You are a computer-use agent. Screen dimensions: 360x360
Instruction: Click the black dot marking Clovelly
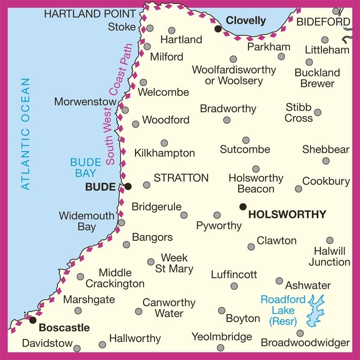[218, 29]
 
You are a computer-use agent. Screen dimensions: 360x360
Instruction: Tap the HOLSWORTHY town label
[287, 215]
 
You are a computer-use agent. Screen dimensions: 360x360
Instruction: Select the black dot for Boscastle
[32, 320]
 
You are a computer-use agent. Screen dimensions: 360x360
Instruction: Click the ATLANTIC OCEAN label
[26, 134]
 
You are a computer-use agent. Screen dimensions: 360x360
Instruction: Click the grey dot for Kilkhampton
[164, 143]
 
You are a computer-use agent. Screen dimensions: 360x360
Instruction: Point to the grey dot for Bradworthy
[227, 120]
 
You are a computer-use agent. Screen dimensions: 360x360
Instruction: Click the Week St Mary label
[174, 264]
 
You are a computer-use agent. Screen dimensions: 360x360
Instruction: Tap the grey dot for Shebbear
[326, 161]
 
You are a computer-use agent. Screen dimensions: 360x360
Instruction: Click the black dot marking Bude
[128, 186]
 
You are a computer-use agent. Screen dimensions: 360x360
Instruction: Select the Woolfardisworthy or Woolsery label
[234, 75]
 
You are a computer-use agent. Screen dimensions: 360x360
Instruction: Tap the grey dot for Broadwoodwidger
[300, 333]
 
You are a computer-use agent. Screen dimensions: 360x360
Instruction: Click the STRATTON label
[181, 178]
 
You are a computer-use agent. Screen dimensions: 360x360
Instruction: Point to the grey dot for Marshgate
[78, 310]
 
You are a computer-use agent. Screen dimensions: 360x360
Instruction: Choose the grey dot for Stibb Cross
[318, 112]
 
